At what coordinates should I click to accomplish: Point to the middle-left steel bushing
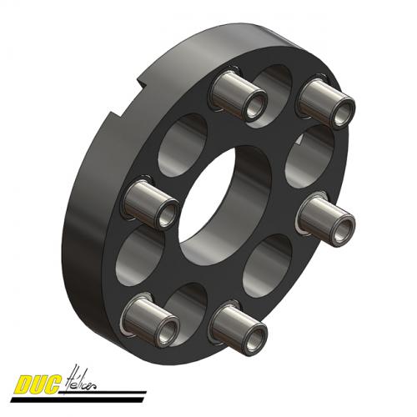(x=150, y=203)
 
